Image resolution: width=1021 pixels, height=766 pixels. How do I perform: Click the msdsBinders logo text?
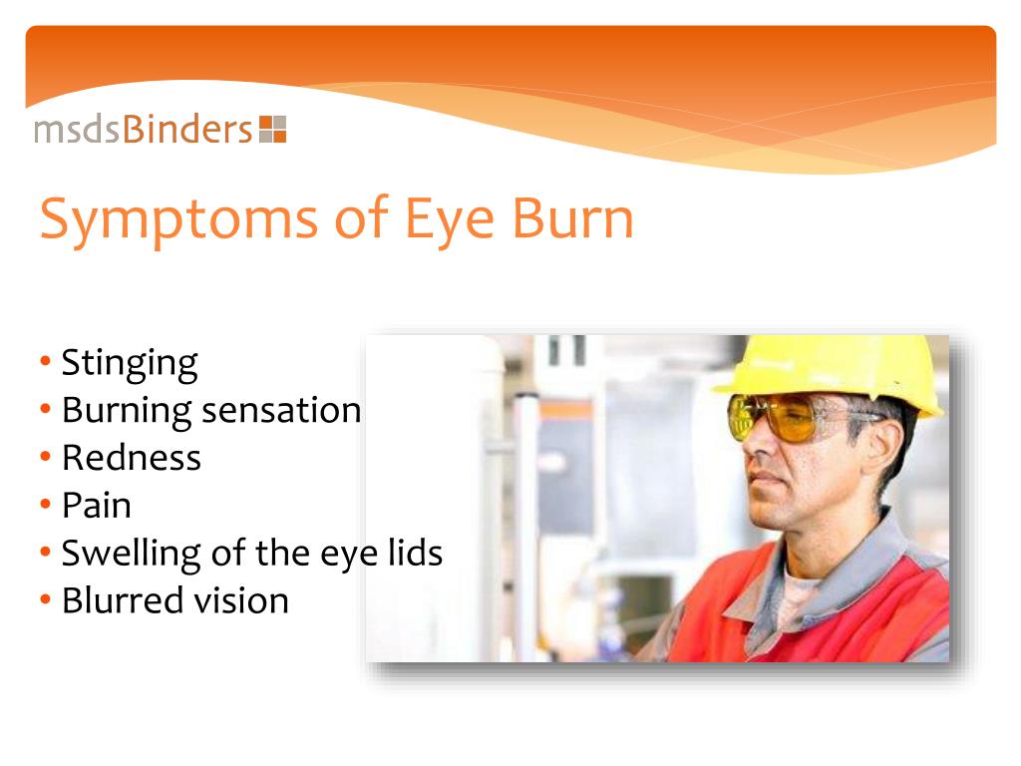pos(144,130)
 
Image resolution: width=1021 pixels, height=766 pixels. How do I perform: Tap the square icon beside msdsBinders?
pos(272,130)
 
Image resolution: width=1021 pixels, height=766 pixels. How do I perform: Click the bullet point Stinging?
pos(130,363)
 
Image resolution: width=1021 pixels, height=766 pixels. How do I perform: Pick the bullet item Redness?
pos(131,458)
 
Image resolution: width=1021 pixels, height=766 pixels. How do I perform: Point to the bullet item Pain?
pos(96,506)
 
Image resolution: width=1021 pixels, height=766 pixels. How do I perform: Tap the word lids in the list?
pos(416,553)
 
